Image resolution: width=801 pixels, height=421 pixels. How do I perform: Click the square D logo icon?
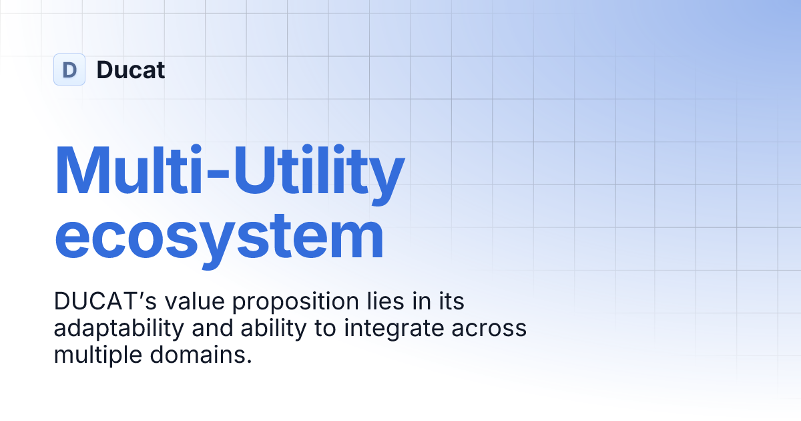point(69,69)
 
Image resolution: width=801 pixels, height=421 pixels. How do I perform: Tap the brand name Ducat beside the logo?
point(131,69)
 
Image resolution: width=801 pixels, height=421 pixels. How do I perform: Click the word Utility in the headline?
point(308,170)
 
